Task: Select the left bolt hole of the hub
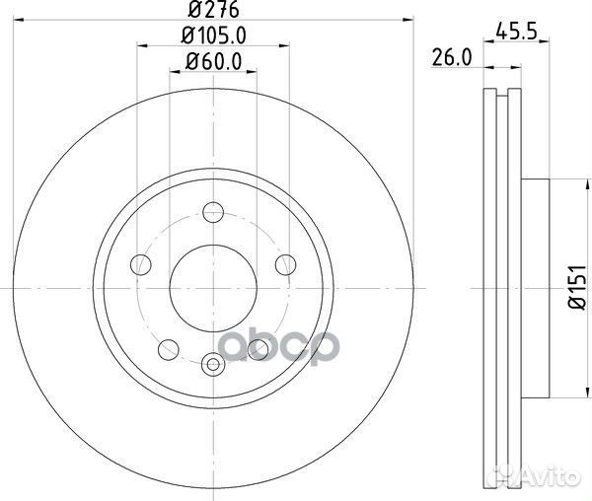pos(141,263)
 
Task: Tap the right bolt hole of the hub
pos(285,263)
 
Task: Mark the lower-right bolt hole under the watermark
pos(259,347)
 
